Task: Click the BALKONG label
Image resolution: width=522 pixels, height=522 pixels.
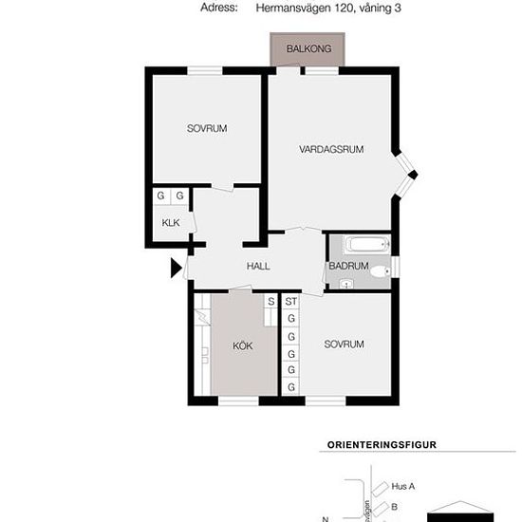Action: click(309, 49)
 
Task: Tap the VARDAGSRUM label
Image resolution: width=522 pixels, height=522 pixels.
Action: click(331, 149)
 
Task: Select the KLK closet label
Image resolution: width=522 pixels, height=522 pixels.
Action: click(171, 223)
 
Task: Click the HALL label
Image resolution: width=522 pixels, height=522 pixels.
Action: click(258, 266)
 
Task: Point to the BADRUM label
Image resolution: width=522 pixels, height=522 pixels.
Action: click(348, 266)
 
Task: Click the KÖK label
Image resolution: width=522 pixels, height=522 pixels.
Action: click(243, 345)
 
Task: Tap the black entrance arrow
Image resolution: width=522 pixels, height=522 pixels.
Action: click(177, 268)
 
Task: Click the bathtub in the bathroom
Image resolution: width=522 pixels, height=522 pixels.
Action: click(367, 245)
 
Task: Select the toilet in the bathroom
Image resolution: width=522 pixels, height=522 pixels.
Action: click(381, 271)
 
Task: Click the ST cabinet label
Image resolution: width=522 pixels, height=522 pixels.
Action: click(291, 302)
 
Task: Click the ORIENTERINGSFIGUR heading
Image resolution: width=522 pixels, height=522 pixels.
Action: click(382, 445)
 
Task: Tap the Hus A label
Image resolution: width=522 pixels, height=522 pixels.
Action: click(403, 486)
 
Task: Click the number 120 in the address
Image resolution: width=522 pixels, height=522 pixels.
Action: click(344, 8)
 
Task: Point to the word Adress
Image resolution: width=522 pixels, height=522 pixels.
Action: click(219, 8)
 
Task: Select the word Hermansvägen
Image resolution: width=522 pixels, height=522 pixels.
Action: click(294, 9)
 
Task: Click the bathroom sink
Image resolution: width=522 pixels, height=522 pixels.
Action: click(346, 285)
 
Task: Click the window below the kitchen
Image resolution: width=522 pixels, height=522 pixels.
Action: click(238, 401)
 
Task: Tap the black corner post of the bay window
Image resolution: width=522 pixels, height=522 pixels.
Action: click(413, 175)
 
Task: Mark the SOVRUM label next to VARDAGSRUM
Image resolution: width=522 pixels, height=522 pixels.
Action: click(207, 128)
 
